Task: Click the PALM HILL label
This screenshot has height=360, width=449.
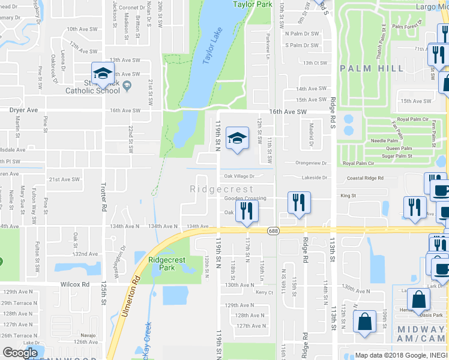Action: (372, 68)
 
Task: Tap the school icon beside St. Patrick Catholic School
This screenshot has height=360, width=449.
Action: (103, 73)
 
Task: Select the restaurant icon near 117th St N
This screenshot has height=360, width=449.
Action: (247, 209)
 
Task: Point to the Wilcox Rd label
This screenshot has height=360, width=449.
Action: (74, 284)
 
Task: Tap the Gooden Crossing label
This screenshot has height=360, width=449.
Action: (245, 198)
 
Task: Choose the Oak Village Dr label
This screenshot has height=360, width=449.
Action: (240, 176)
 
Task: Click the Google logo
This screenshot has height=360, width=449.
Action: (20, 353)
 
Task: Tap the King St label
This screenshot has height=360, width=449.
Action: (348, 196)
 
